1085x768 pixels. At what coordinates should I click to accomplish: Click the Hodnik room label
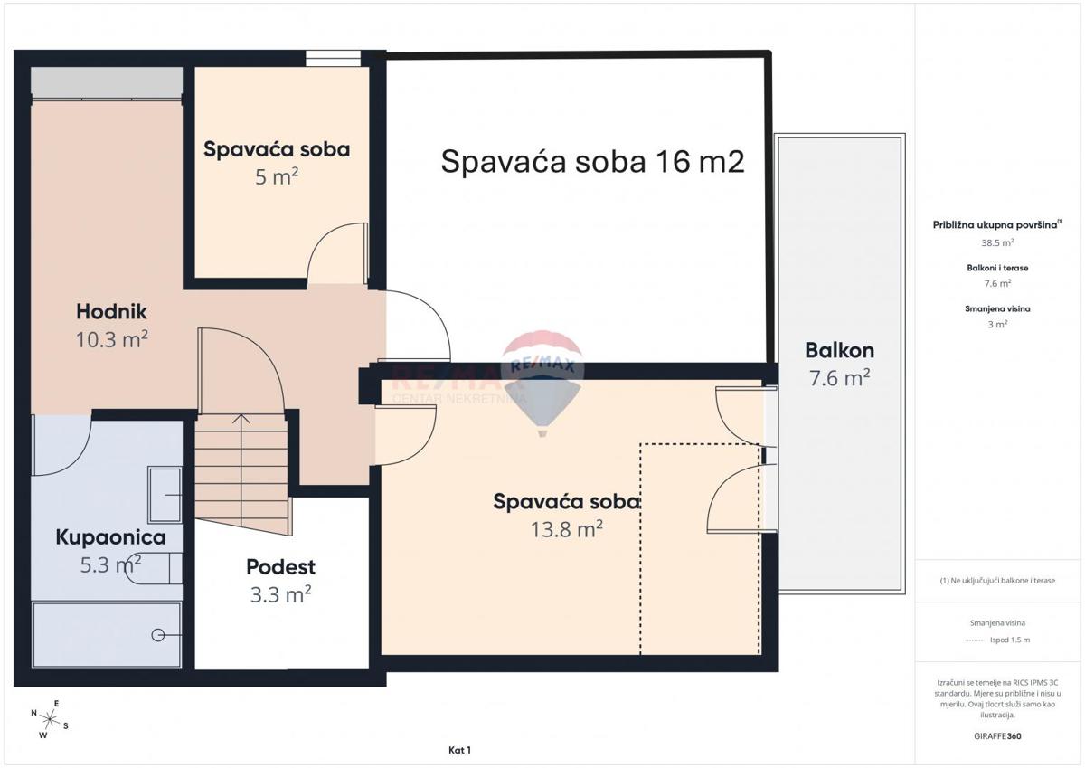tap(111, 311)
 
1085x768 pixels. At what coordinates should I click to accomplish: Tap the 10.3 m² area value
tap(112, 339)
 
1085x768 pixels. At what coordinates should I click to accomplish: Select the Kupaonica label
tap(110, 537)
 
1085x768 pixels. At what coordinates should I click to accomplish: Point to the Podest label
tap(281, 567)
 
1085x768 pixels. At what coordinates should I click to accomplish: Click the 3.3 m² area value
tap(281, 594)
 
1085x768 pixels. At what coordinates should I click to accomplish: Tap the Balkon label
tap(839, 350)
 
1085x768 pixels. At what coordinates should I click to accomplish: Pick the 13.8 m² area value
tap(567, 529)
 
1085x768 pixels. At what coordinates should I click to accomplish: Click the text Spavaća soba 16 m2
tap(592, 161)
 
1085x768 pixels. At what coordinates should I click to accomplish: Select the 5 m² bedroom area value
tap(277, 177)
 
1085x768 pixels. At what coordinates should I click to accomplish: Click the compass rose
tap(50, 719)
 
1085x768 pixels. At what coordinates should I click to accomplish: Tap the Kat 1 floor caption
tap(459, 750)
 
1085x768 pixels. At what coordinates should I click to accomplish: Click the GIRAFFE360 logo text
tap(997, 736)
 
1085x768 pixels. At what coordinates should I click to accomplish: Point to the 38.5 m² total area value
tap(997, 242)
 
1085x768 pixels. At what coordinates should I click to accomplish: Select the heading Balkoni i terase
tap(997, 268)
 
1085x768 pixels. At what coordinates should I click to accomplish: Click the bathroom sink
tap(165, 495)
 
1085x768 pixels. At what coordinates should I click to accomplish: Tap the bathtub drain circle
tap(158, 634)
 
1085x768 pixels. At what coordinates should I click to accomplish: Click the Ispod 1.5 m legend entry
tap(1010, 640)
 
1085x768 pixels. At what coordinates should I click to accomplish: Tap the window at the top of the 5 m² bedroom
tap(334, 59)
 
